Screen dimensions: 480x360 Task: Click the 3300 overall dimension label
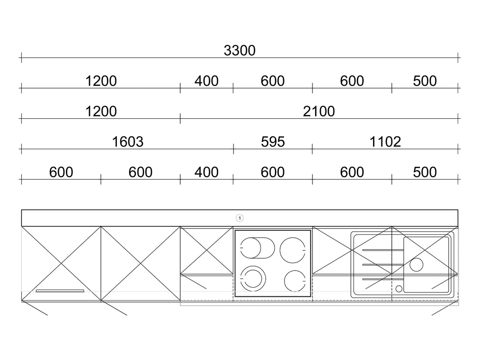240,51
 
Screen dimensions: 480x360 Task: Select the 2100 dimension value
319,111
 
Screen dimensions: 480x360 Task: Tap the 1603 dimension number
128,142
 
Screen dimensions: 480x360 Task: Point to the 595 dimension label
273,142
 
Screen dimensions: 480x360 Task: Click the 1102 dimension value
385,142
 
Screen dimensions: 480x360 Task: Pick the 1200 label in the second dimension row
101,81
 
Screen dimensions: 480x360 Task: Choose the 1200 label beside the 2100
101,111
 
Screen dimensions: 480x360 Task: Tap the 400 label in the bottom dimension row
206,172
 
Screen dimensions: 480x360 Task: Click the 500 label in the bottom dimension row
425,172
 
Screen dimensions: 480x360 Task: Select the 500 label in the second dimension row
425,81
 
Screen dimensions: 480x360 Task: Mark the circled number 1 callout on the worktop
240,218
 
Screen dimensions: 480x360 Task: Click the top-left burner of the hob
251,248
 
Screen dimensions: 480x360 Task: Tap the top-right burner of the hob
293,250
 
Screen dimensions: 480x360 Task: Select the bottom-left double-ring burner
253,278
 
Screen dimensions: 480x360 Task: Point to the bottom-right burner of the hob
295,281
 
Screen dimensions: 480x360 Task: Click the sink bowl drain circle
416,264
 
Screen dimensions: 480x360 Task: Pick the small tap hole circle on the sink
399,289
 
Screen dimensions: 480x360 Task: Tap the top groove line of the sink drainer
383,250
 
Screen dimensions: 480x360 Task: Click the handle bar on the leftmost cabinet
60,291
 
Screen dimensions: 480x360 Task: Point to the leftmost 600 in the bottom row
61,172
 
